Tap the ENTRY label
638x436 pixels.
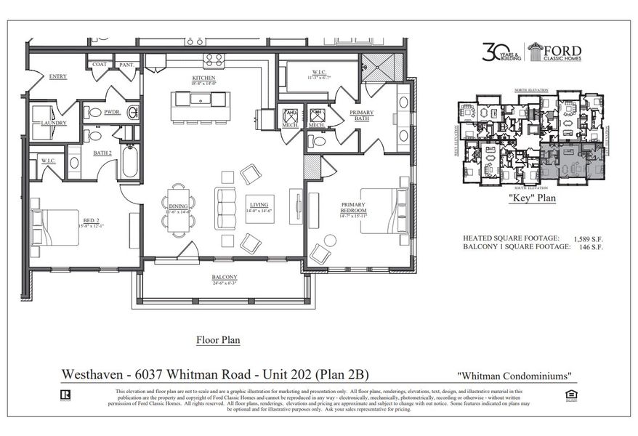tap(58, 76)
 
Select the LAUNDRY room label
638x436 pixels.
tap(54, 123)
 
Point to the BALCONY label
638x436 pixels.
tap(224, 278)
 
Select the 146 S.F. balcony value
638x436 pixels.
tap(589, 248)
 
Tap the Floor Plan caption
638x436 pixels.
tap(218, 339)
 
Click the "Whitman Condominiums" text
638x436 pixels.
tap(515, 376)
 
